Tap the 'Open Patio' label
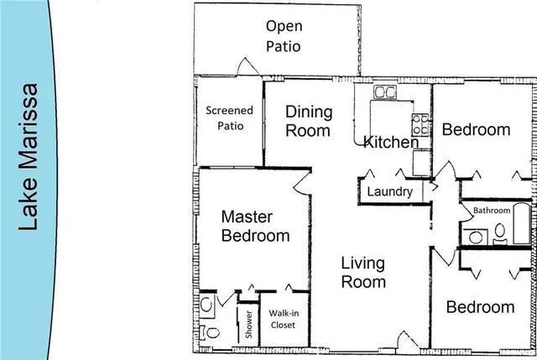[x=282, y=36]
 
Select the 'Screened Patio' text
[x=229, y=118]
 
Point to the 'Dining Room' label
[x=309, y=121]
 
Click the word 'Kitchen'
[x=390, y=143]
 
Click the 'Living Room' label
[x=363, y=273]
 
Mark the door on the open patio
[x=244, y=66]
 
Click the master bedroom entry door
[x=303, y=186]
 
